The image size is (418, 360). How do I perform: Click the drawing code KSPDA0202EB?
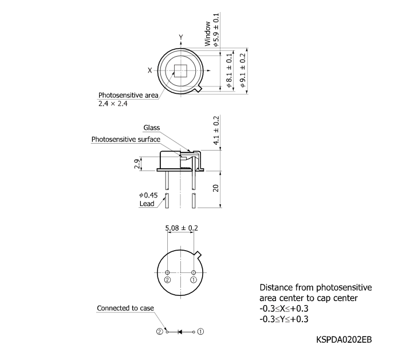pyautogui.click(x=344, y=339)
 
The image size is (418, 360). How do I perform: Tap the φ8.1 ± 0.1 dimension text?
pyautogui.click(x=229, y=69)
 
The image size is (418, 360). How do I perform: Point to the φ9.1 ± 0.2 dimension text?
pyautogui.click(x=243, y=69)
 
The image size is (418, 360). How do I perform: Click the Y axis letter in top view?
pyautogui.click(x=180, y=37)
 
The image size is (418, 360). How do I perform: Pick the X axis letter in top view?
pyautogui.click(x=150, y=70)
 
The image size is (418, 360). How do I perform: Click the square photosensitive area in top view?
pyautogui.click(x=180, y=70)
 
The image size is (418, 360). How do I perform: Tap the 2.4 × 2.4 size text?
pyautogui.click(x=113, y=104)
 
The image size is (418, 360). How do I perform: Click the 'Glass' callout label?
pyautogui.click(x=151, y=128)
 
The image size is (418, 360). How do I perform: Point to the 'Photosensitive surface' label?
pyautogui.click(x=125, y=139)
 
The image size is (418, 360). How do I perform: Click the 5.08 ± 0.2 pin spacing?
pyautogui.click(x=181, y=228)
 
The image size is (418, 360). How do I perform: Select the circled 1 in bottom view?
pyautogui.click(x=194, y=280)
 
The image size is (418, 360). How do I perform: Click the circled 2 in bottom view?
pyautogui.click(x=167, y=280)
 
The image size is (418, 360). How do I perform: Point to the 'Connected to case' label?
pyautogui.click(x=125, y=308)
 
